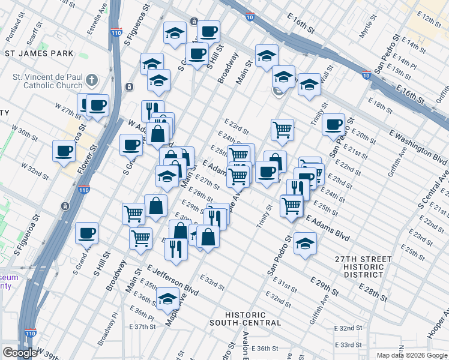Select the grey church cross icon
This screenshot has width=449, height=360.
[x=91, y=80]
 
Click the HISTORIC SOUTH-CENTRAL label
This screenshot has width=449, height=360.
[x=245, y=319]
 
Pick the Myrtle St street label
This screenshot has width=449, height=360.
[x=364, y=29]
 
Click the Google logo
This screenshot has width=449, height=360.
[x=19, y=353]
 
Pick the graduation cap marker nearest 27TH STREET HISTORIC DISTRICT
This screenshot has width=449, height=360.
[x=305, y=244]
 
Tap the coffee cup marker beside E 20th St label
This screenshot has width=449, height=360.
[x=333, y=124]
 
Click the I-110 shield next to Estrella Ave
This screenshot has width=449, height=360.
[x=116, y=32]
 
